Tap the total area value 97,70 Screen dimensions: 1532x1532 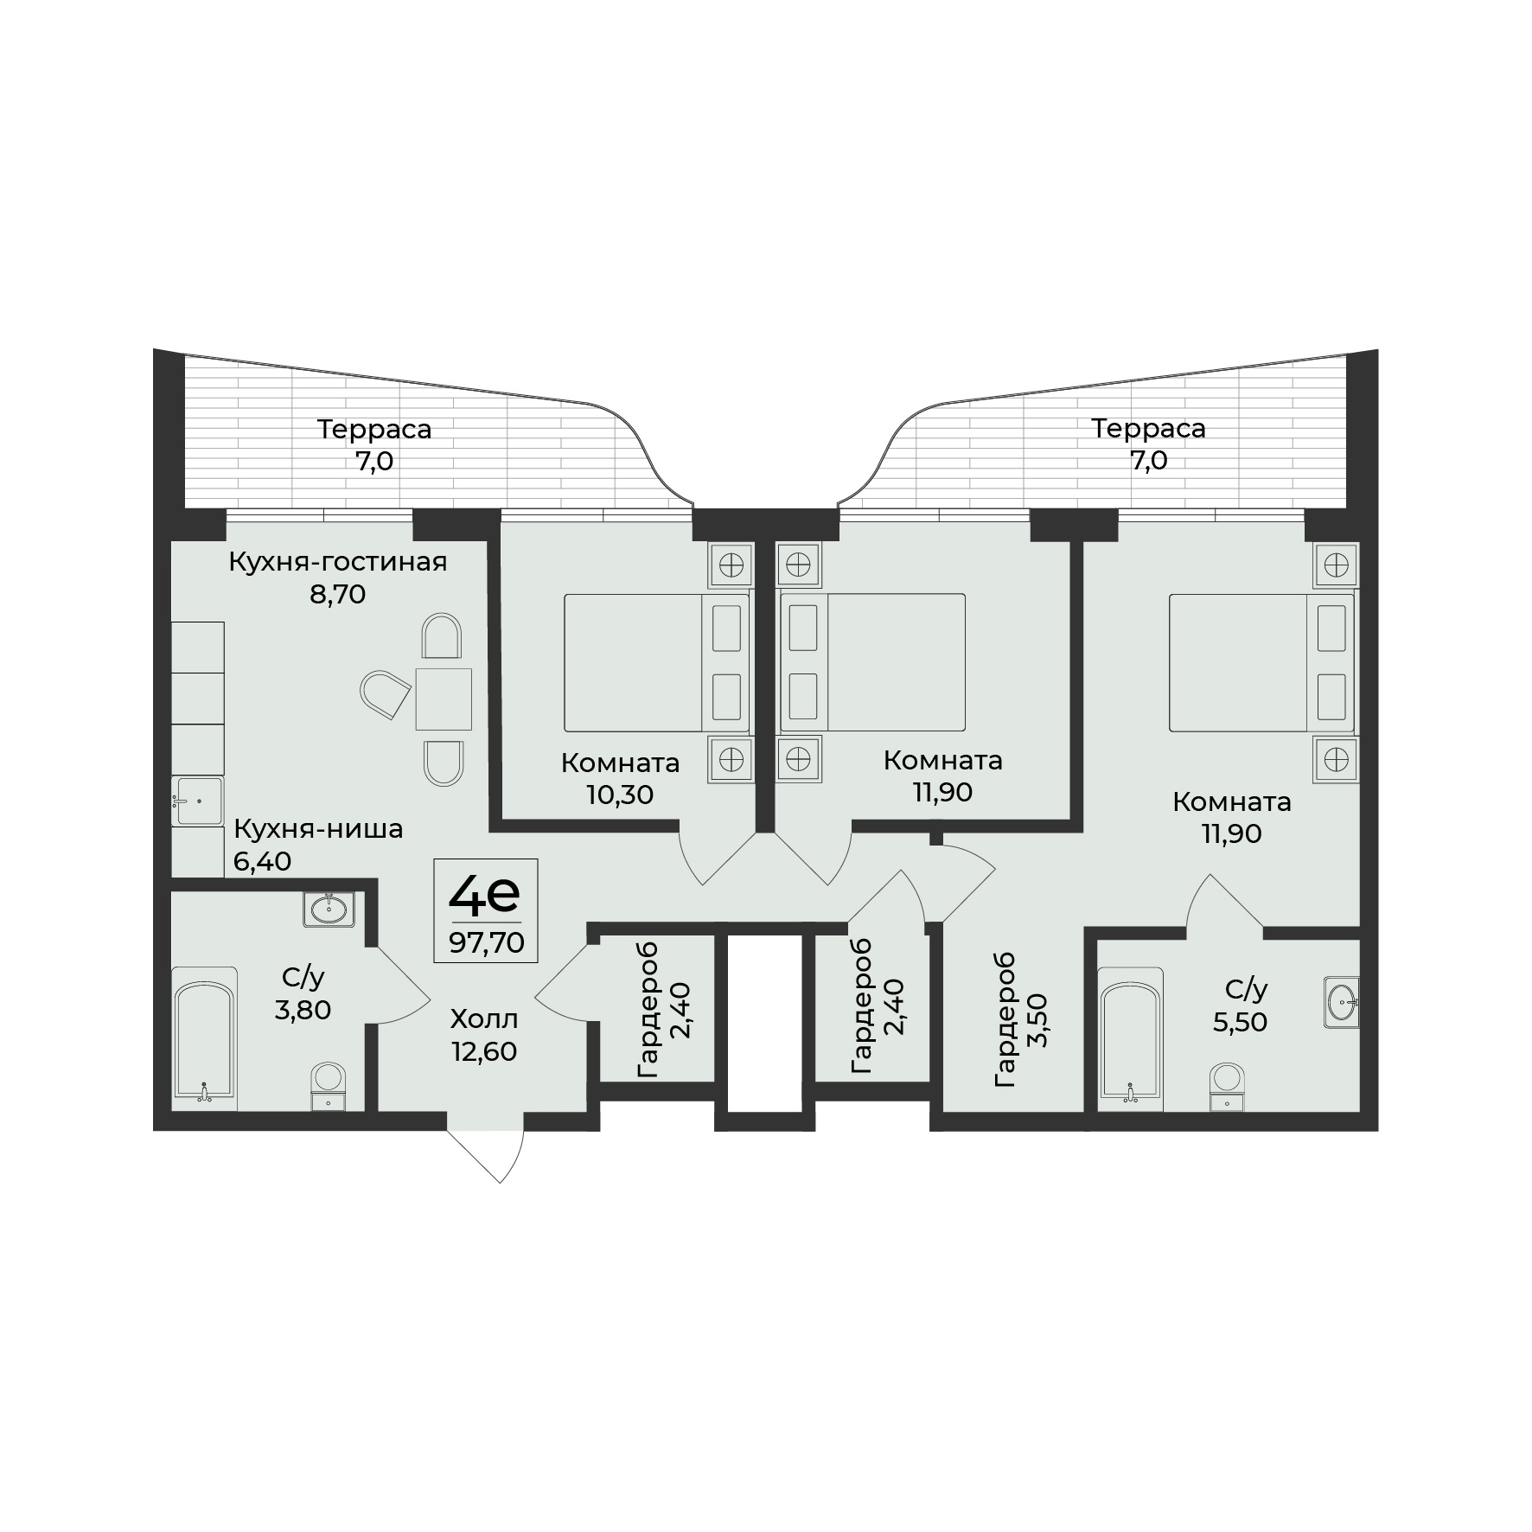pyautogui.click(x=486, y=942)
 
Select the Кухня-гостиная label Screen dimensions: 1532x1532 pyautogui.click(x=338, y=563)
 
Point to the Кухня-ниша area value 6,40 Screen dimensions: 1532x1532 pyautogui.click(x=262, y=861)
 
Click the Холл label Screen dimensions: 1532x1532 pyautogui.click(x=484, y=1019)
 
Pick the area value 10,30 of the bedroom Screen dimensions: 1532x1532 pyautogui.click(x=620, y=795)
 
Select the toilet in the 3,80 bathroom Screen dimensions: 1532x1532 pyautogui.click(x=328, y=1087)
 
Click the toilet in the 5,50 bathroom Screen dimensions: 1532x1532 pyautogui.click(x=1227, y=1087)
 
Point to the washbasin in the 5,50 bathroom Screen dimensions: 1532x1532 pyautogui.click(x=1341, y=1002)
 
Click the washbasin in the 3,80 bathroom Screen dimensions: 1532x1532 pyautogui.click(x=329, y=909)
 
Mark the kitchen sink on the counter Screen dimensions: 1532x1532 pyautogui.click(x=197, y=801)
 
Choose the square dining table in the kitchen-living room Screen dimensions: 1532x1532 pyautogui.click(x=444, y=699)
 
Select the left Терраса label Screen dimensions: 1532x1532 pyautogui.click(x=374, y=429)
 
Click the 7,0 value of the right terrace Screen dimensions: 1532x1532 pyautogui.click(x=1148, y=461)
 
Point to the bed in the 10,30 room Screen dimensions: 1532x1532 pyautogui.click(x=656, y=662)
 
